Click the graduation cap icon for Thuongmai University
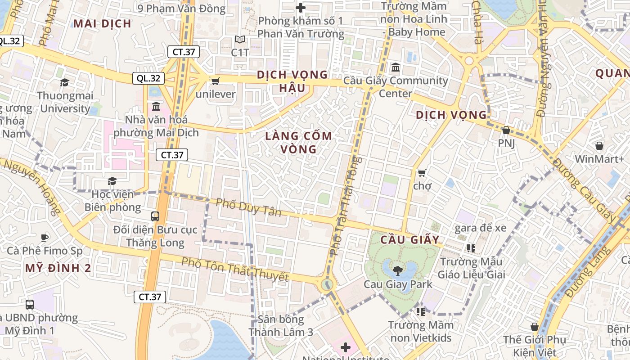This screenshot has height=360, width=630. click(64, 82)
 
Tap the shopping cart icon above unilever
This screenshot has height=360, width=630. click(215, 81)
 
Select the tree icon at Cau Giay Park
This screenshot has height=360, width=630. click(397, 270)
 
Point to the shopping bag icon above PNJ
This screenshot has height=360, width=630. click(506, 130)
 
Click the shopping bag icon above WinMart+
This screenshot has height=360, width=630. click(599, 146)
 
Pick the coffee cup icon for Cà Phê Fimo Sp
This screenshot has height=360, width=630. click(44, 237)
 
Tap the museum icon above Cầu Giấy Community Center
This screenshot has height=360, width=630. click(396, 67)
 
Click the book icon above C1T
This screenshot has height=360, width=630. click(240, 40)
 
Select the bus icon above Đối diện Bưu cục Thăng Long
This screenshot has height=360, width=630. click(155, 216)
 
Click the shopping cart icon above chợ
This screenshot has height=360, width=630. click(422, 173)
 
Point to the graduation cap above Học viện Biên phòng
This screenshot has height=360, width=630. click(112, 181)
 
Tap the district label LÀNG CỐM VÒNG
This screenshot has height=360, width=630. click(299, 142)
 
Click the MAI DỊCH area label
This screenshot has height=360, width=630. click(102, 23)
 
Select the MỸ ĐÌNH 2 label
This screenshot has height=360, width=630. click(58, 268)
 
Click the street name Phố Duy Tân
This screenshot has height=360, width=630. click(248, 207)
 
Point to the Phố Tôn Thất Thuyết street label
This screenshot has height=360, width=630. click(234, 269)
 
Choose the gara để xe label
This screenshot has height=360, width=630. click(480, 228)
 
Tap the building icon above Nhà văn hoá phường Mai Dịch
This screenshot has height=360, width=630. click(156, 107)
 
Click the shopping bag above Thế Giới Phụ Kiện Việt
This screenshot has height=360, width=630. click(535, 326)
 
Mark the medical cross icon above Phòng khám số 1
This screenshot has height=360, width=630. click(301, 8)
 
